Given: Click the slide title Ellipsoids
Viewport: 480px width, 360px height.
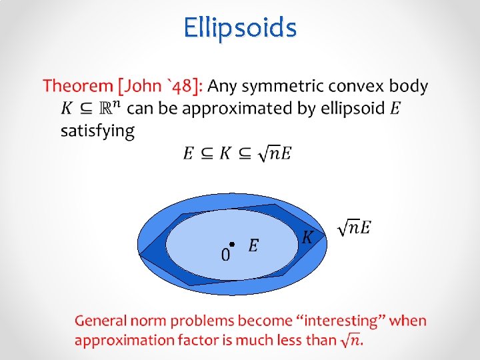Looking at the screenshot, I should tap(240, 28).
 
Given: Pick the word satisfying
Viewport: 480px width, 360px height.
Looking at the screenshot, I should tap(97, 130).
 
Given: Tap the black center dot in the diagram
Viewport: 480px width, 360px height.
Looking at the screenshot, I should tap(231, 244).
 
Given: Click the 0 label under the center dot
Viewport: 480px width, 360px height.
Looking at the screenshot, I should tap(225, 255).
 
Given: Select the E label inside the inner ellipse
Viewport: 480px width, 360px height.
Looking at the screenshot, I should tap(253, 246).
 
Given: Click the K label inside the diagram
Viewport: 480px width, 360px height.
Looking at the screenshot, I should tap(307, 237).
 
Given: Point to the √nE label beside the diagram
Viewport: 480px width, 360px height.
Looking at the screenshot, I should tap(354, 227).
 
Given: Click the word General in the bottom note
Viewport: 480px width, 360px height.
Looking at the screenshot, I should tap(100, 321).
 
